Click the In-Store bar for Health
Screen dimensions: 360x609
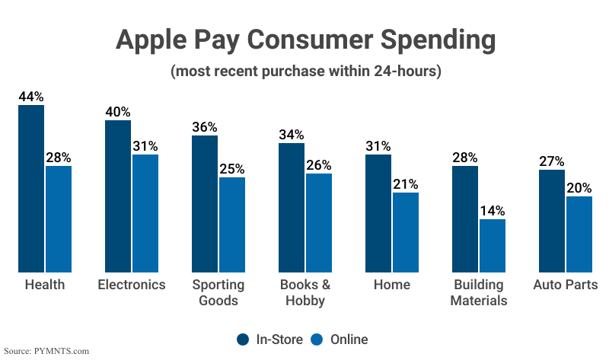(x=31, y=188)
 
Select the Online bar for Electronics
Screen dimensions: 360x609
(x=145, y=213)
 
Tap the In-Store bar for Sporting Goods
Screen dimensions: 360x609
(x=205, y=203)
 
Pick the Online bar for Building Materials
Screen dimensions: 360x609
(x=493, y=245)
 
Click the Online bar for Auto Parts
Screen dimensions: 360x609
(x=579, y=234)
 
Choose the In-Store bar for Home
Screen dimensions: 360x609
(x=378, y=213)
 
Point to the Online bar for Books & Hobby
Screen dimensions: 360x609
(x=319, y=222)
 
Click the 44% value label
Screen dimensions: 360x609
(x=31, y=97)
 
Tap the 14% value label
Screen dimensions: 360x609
(x=493, y=211)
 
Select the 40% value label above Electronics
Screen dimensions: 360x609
(x=118, y=112)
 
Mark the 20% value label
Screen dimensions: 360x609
(x=579, y=188)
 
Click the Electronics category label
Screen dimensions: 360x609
(x=132, y=285)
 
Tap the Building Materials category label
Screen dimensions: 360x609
(x=478, y=292)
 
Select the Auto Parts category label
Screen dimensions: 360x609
(x=566, y=285)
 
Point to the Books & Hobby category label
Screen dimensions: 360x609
(x=304, y=292)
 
